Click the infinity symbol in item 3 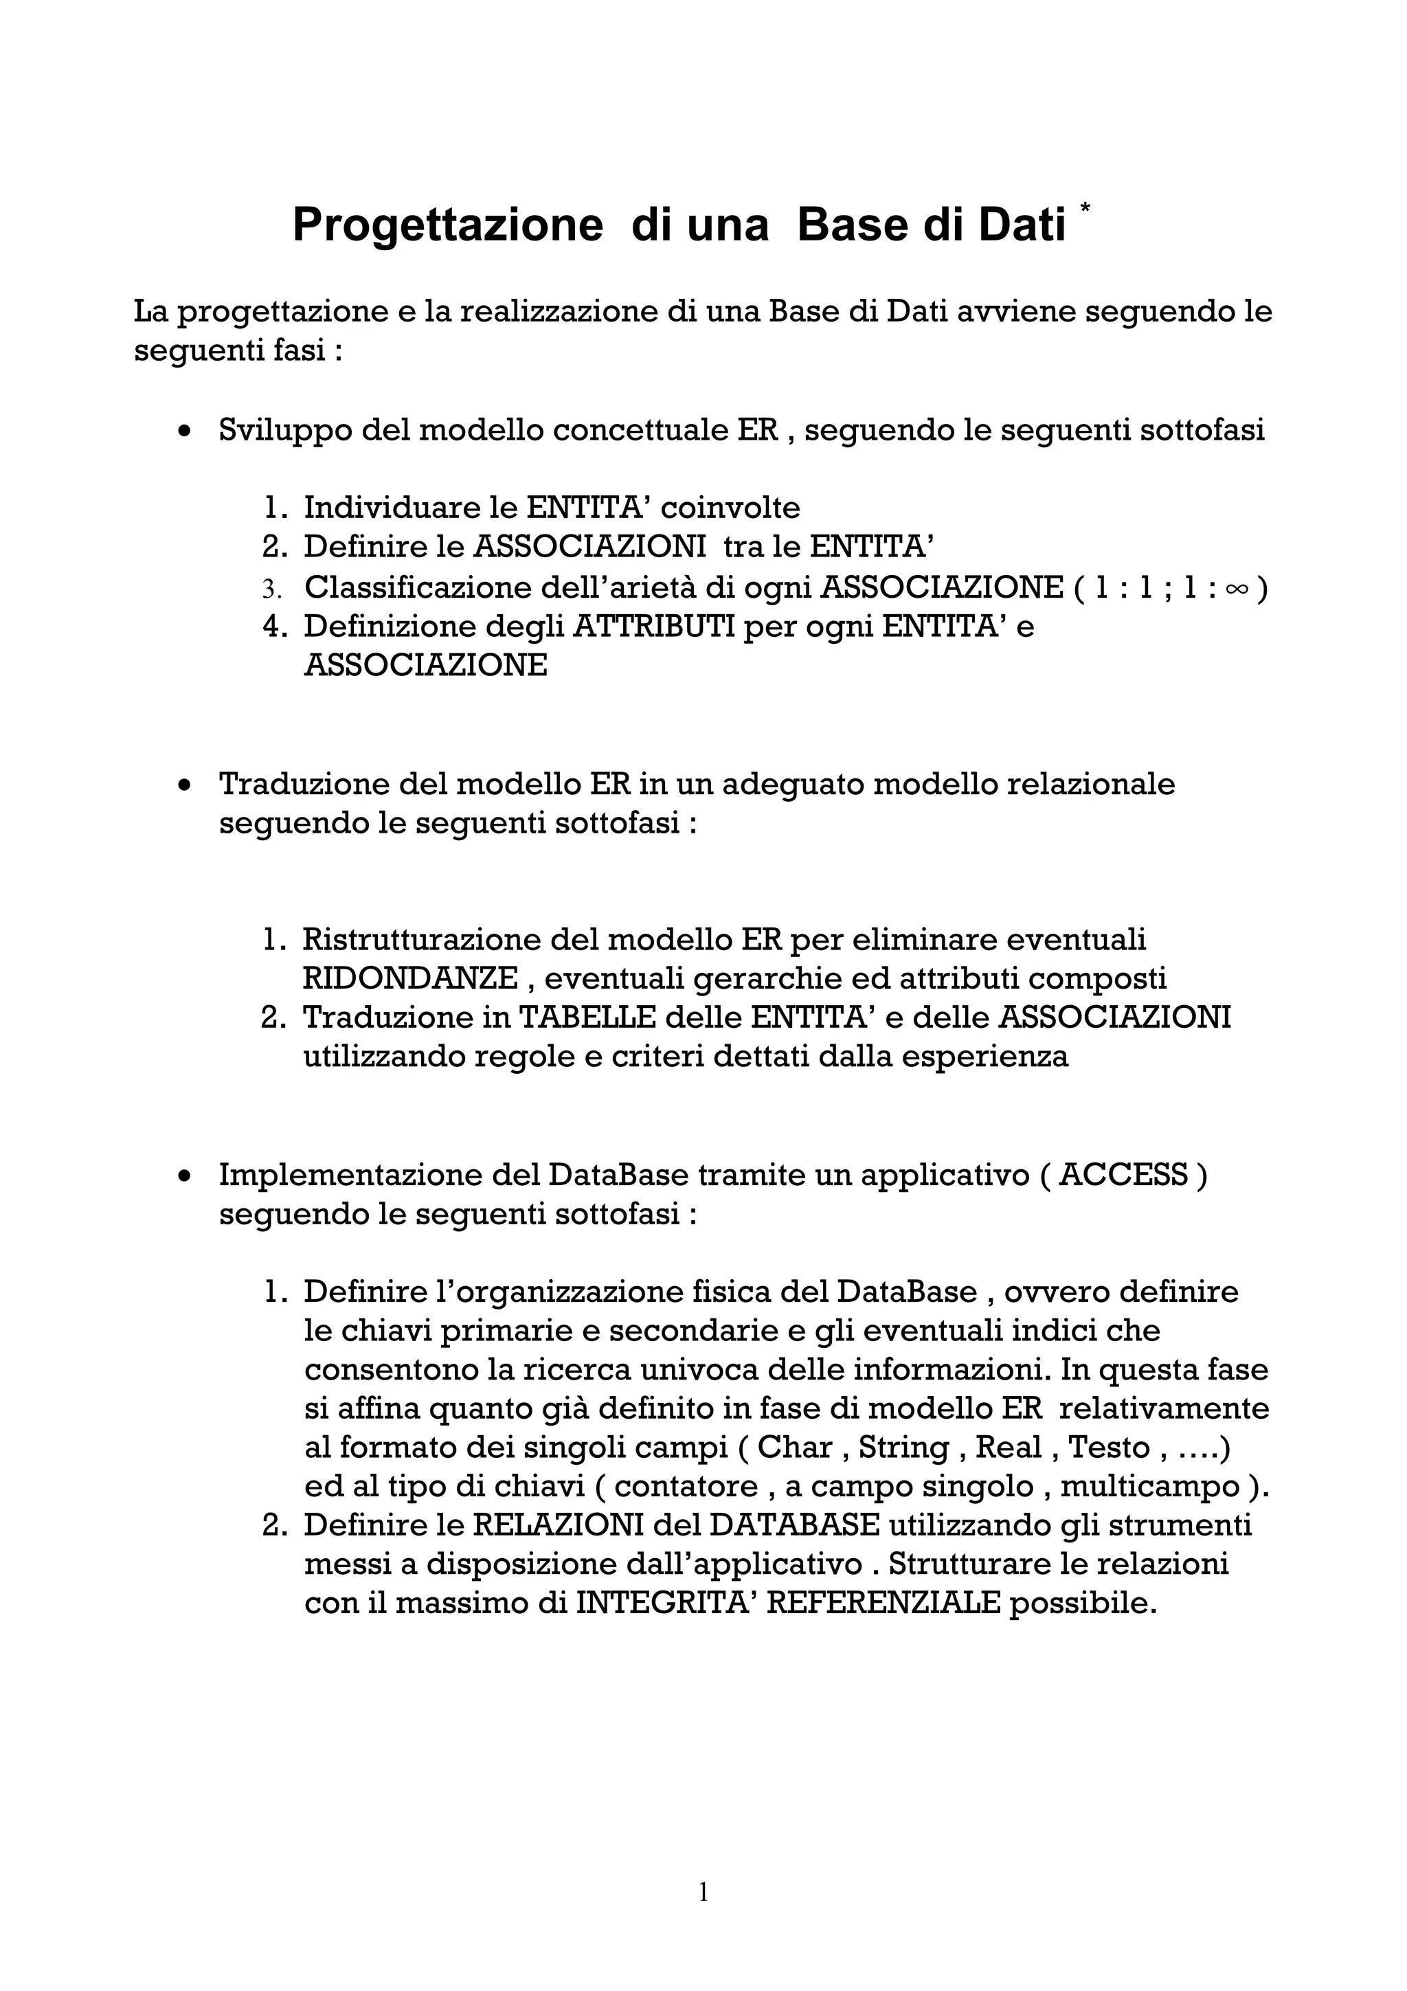(1237, 589)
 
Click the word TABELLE (586, 1017)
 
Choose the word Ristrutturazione (420, 939)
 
